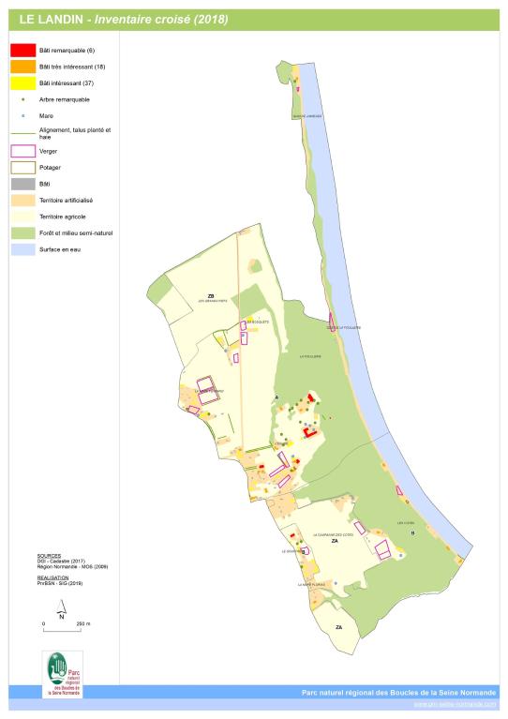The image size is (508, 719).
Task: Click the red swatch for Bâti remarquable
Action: tap(22, 50)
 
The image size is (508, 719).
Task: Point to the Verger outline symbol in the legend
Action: tap(22, 150)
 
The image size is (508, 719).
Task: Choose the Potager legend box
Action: tap(22, 167)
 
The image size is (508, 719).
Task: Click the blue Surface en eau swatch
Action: tap(22, 249)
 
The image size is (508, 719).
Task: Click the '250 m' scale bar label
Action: tap(82, 622)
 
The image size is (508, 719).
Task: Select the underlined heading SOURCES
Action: tap(50, 556)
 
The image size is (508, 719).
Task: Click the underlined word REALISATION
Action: tap(53, 577)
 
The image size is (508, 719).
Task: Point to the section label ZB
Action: tap(211, 295)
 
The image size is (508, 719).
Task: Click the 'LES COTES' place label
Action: tap(406, 522)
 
